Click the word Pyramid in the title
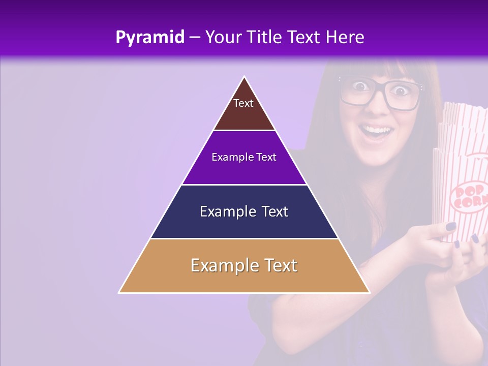pos(150,38)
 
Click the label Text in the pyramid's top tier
pos(243,103)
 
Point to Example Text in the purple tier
pos(244,157)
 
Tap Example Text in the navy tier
pos(244,211)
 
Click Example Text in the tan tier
pos(244,265)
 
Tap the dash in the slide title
pos(195,38)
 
